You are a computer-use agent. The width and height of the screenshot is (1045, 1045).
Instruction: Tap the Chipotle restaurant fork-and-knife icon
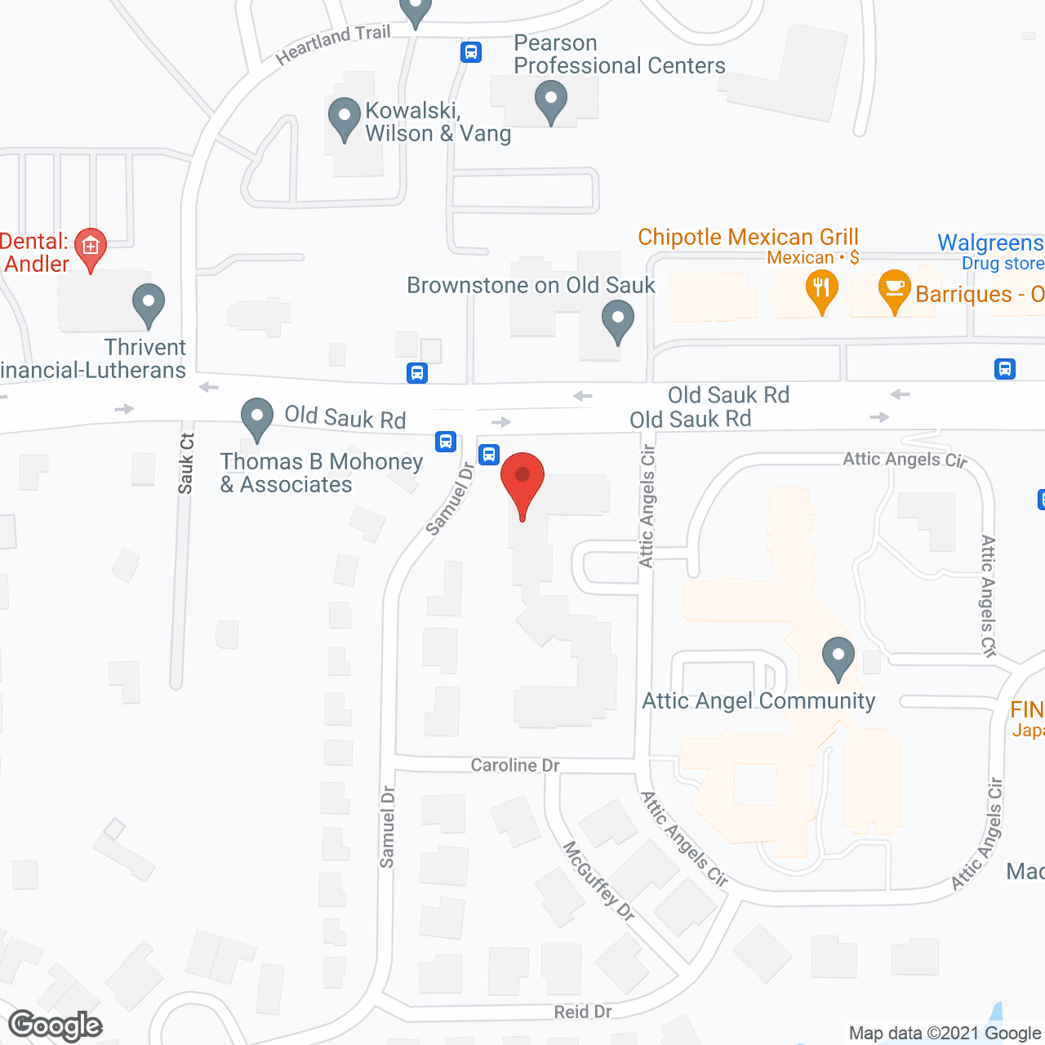point(821,288)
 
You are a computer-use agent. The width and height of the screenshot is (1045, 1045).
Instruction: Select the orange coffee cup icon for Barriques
point(895,288)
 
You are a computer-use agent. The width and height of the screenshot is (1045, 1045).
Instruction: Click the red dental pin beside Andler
point(90,246)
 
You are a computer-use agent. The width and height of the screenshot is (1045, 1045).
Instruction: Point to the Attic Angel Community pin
point(838,656)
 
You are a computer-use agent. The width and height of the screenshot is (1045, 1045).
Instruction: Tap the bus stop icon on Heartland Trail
point(470,52)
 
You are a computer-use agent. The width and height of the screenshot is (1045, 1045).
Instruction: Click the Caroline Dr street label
point(515,765)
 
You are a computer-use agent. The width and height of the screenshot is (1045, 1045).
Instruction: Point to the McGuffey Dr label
point(599,882)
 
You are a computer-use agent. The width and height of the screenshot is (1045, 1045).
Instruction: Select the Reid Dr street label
point(583,1012)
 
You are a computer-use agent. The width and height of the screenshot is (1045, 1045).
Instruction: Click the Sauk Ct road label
point(186,464)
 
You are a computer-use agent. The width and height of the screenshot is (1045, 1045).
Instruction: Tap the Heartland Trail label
point(333,44)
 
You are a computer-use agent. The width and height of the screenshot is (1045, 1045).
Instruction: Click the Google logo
point(56,1025)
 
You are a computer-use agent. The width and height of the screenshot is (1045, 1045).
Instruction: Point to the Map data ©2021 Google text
point(945,1033)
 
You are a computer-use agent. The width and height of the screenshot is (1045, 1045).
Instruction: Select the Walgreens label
point(989,242)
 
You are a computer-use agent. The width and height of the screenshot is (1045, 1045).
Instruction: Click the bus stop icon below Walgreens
point(1005,369)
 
